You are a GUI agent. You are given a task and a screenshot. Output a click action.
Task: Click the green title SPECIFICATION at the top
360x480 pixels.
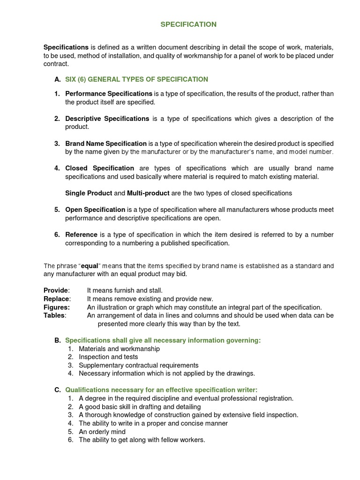188,24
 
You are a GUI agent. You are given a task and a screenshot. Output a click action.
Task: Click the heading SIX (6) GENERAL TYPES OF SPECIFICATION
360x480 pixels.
136,79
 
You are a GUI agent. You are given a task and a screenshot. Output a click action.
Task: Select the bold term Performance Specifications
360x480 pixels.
109,93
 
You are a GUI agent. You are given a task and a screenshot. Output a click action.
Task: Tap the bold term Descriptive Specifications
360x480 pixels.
107,119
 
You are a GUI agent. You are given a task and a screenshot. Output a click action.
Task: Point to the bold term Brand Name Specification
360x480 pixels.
106,143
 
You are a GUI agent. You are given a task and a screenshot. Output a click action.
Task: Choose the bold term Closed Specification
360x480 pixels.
99,168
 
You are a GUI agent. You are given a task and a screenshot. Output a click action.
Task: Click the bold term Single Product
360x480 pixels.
89,193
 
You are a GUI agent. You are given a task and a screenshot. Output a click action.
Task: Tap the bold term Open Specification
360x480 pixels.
95,210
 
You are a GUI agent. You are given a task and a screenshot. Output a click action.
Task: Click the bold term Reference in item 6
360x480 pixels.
82,234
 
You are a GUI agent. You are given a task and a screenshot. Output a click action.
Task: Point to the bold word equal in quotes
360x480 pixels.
90,266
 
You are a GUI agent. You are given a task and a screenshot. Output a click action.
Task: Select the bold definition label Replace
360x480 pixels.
57,299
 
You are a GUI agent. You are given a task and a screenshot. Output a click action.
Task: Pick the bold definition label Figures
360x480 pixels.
57,307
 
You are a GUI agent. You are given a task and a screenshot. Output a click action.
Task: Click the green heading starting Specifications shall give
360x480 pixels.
163,340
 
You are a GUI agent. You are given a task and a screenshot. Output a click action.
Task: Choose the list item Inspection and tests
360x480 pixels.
108,357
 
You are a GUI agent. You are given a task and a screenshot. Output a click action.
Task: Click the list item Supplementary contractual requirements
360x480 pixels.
138,365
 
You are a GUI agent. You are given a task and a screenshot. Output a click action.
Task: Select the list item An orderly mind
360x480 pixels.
102,431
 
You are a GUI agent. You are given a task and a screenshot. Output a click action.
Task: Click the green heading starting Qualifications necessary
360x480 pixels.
161,390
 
